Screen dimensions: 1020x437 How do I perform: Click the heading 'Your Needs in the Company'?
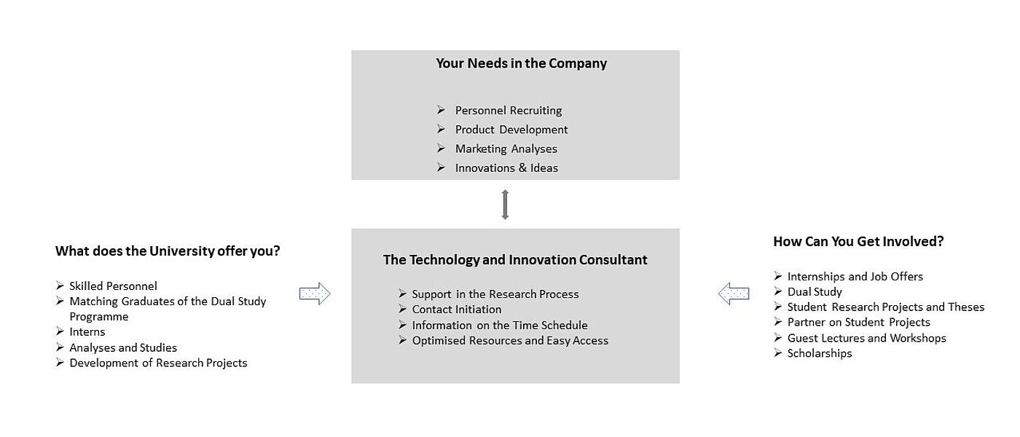pyautogui.click(x=522, y=63)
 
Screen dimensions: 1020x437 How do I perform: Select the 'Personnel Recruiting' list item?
pyautogui.click(x=509, y=110)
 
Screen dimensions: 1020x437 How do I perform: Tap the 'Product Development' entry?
pyautogui.click(x=511, y=130)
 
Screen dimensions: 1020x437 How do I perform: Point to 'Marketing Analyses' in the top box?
pyautogui.click(x=506, y=149)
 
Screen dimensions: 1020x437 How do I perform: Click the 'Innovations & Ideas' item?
pyautogui.click(x=506, y=168)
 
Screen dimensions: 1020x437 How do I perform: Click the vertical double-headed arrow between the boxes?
pyautogui.click(x=505, y=205)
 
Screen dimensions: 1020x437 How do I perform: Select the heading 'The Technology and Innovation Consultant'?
pyautogui.click(x=515, y=259)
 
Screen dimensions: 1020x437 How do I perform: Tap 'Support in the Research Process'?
pyautogui.click(x=495, y=294)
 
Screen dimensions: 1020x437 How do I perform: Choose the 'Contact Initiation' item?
pyautogui.click(x=456, y=310)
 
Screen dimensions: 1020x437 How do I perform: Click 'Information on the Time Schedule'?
pyautogui.click(x=500, y=325)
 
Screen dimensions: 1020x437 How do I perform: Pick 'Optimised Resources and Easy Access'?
pyautogui.click(x=510, y=341)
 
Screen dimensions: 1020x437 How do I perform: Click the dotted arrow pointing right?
pyautogui.click(x=315, y=294)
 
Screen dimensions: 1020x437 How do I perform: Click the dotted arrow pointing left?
pyautogui.click(x=734, y=294)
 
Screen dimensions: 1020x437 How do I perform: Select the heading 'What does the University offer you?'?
pyautogui.click(x=168, y=251)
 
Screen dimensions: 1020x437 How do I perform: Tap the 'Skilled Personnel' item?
pyautogui.click(x=113, y=286)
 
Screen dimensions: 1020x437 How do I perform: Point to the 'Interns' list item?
pyautogui.click(x=87, y=332)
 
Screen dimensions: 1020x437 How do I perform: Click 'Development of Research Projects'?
pyautogui.click(x=158, y=363)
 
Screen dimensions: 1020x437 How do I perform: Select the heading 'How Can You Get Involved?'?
pyautogui.click(x=858, y=241)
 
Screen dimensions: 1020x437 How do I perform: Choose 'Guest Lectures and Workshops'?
pyautogui.click(x=866, y=338)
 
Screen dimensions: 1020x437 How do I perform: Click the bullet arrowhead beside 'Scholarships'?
pyautogui.click(x=778, y=353)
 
